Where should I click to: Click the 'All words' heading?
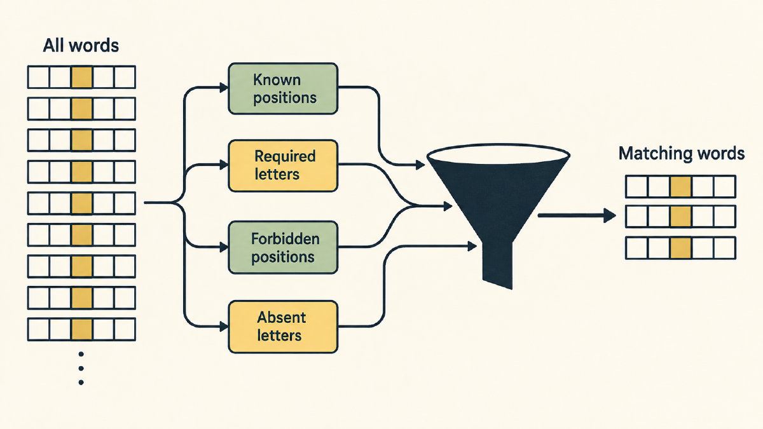[x=81, y=45]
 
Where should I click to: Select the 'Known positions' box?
[x=283, y=88]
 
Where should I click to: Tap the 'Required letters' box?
[x=283, y=165]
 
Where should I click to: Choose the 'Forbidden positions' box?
[x=283, y=247]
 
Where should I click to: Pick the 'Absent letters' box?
[x=283, y=327]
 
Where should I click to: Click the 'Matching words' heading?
[x=681, y=153]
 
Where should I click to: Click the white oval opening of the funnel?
[x=498, y=156]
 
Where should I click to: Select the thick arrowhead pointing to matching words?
[x=609, y=215]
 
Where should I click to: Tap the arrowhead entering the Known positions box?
[x=224, y=88]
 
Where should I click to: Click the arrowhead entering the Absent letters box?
[x=224, y=327]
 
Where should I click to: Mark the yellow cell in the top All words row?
[x=82, y=78]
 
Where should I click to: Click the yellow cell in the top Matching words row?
[x=680, y=187]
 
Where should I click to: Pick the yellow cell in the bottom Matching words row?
[x=680, y=249]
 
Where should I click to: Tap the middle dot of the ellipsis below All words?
[x=81, y=369]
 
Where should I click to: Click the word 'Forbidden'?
[x=285, y=239]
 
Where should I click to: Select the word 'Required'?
[x=285, y=157]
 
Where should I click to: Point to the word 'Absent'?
[x=281, y=318]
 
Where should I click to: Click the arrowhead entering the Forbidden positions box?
[x=224, y=247]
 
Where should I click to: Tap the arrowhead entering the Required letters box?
[x=224, y=165]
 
